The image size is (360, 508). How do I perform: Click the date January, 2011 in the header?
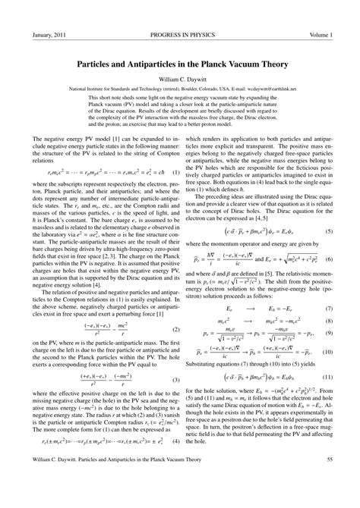click(x=47, y=36)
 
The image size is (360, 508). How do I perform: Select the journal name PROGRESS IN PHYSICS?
click(x=181, y=36)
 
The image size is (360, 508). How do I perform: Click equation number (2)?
click(x=175, y=308)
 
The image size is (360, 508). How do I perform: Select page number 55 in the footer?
click(x=328, y=480)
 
